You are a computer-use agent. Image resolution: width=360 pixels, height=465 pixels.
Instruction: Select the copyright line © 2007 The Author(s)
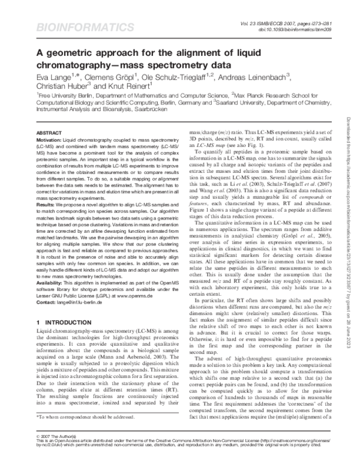click(58, 450)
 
